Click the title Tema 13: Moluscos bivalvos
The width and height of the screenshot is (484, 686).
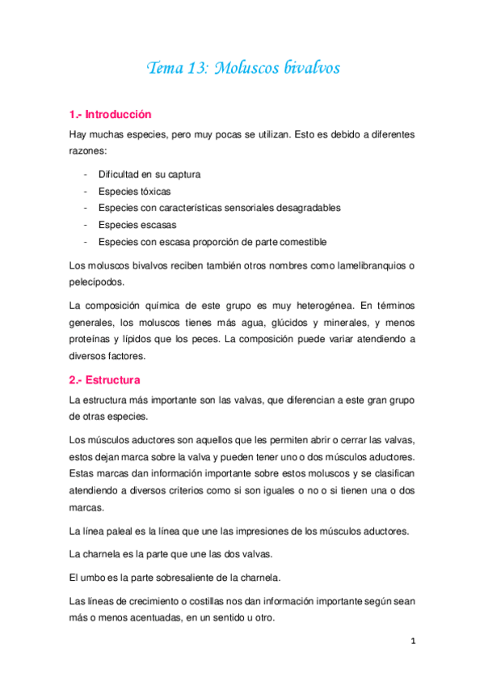point(242,68)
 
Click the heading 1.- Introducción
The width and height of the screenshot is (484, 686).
point(111,115)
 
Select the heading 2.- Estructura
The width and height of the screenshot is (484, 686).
point(105,379)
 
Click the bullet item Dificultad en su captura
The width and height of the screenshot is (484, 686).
point(149,174)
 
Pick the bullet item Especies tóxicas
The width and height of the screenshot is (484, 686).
point(134,191)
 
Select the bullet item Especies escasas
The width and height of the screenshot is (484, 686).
point(137,225)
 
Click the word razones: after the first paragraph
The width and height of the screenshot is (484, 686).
point(92,150)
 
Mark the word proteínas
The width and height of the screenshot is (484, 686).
point(92,340)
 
